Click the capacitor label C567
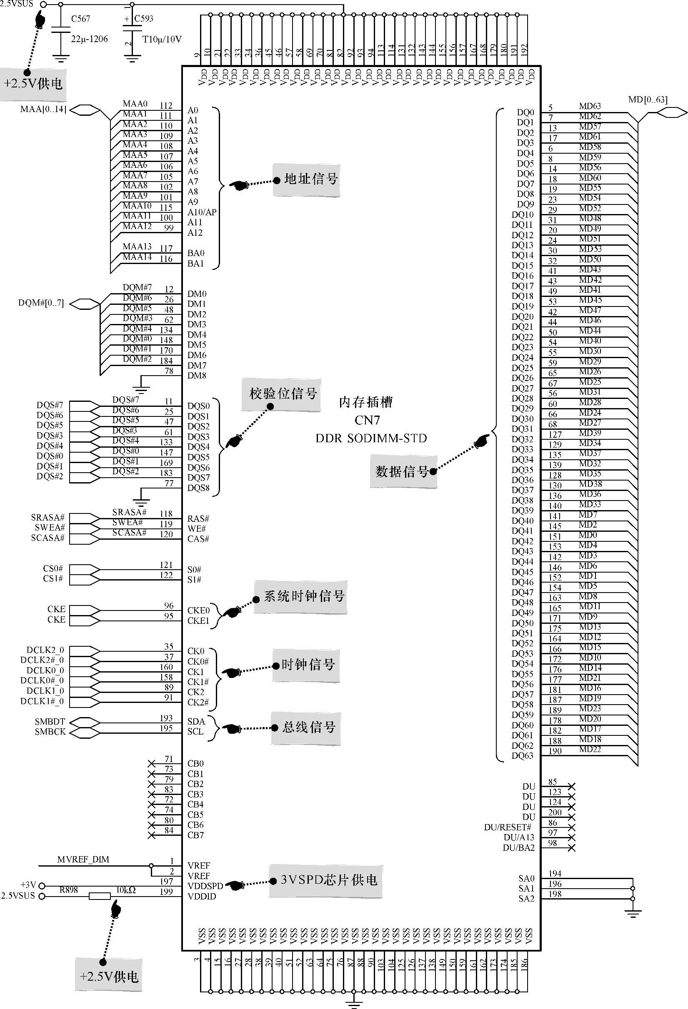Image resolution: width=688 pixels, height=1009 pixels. pyautogui.click(x=81, y=19)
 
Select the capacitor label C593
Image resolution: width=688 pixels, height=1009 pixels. pyautogui.click(x=144, y=19)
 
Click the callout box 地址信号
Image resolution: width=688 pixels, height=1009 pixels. pyautogui.click(x=310, y=179)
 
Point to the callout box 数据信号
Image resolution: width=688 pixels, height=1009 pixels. pyautogui.click(x=402, y=471)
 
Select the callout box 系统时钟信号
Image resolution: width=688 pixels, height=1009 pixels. pyautogui.click(x=304, y=596)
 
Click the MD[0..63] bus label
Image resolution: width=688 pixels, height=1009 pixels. pyautogui.click(x=648, y=100)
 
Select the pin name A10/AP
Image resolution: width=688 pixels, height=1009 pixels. pyautogui.click(x=202, y=212)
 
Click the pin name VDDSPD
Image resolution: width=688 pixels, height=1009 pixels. pyautogui.click(x=205, y=886)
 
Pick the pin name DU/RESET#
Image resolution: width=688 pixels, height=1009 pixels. pyautogui.click(x=508, y=827)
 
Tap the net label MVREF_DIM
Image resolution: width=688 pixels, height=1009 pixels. pyautogui.click(x=83, y=859)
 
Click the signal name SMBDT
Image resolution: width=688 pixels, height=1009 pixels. pyautogui.click(x=50, y=722)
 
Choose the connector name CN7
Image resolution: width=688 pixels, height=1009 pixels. pyautogui.click(x=367, y=420)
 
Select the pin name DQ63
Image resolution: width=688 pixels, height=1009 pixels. pyautogui.click(x=522, y=755)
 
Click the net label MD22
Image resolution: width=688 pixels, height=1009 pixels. pyautogui.click(x=590, y=750)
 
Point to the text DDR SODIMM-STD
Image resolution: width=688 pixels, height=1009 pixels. pyautogui.click(x=371, y=438)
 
